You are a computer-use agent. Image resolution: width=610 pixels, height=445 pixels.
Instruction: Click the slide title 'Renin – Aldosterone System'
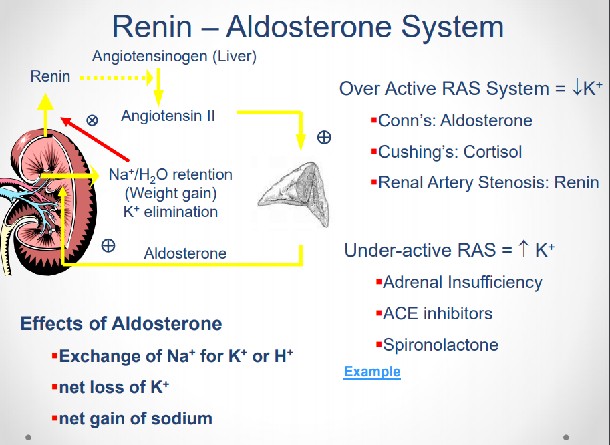pyautogui.click(x=307, y=27)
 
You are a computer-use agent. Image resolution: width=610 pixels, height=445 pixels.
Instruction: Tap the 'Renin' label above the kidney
pyautogui.click(x=50, y=76)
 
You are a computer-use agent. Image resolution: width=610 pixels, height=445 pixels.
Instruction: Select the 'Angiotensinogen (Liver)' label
pyautogui.click(x=174, y=56)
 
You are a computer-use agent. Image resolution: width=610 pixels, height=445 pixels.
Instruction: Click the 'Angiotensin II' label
pyautogui.click(x=168, y=116)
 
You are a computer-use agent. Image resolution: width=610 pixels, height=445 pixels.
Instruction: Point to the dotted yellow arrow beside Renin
pyautogui.click(x=115, y=78)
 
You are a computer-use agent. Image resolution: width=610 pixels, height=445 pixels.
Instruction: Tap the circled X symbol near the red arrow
pyautogui.click(x=92, y=120)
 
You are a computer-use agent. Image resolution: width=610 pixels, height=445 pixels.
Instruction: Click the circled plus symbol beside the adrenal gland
pyautogui.click(x=324, y=138)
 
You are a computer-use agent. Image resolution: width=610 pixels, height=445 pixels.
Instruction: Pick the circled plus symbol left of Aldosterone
pyautogui.click(x=108, y=245)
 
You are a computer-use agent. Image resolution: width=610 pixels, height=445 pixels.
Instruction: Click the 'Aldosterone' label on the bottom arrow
pyautogui.click(x=185, y=254)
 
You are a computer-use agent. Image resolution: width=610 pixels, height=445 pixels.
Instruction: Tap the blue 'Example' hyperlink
pyautogui.click(x=372, y=372)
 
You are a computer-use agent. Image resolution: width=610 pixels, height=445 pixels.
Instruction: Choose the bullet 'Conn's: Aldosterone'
pyautogui.click(x=455, y=121)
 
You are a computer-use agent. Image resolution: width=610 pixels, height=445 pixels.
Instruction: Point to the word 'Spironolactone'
pyautogui.click(x=441, y=345)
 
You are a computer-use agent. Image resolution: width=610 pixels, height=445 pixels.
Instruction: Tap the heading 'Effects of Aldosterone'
pyautogui.click(x=121, y=324)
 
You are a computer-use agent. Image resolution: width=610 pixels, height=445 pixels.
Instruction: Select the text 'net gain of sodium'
pyautogui.click(x=136, y=419)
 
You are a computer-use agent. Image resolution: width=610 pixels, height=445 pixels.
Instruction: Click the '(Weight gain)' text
pyautogui.click(x=171, y=194)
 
